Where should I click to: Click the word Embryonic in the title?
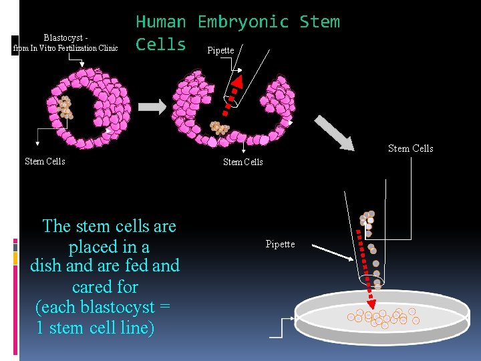pos(243,21)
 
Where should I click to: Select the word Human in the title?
pos(160,21)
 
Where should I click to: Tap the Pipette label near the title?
pos(220,50)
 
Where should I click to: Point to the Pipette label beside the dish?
pos(280,244)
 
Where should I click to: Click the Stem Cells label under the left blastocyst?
pos(45,161)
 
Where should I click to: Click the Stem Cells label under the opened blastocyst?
pos(243,161)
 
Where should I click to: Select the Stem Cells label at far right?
pos(410,148)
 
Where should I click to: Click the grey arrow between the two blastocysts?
pos(152,106)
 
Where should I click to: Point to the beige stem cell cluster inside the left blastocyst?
pos(65,106)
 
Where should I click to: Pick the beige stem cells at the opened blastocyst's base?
pos(218,127)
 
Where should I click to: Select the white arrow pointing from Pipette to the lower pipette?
pos(332,252)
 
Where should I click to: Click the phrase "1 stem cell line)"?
pos(96,328)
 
